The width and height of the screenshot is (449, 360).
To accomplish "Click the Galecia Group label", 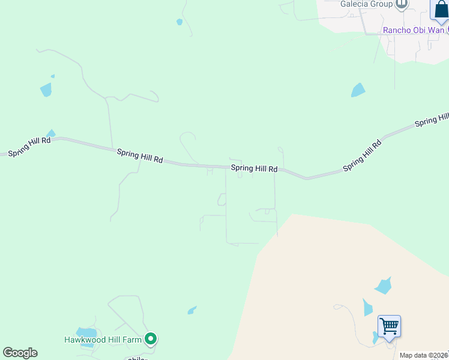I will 366,4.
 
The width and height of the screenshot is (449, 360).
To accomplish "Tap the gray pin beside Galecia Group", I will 402,4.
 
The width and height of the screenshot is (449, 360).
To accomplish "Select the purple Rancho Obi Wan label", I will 414,30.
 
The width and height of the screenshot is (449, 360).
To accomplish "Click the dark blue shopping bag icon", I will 440,11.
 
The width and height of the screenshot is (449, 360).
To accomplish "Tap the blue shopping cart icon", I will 390,327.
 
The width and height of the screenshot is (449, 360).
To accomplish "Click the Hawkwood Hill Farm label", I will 103,340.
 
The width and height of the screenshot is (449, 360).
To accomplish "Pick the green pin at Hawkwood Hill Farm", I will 151,340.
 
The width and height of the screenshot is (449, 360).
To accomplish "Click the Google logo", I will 20,353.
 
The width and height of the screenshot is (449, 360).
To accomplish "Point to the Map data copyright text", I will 424,355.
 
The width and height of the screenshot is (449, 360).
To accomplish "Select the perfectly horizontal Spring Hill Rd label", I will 254,169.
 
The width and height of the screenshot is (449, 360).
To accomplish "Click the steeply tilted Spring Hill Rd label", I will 362,156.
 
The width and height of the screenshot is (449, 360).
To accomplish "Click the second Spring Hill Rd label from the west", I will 139,157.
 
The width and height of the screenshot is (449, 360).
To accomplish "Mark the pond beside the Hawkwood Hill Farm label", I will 87,332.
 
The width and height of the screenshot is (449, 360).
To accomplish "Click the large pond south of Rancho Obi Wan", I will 358,90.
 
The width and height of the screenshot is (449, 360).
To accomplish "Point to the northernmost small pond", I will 179,22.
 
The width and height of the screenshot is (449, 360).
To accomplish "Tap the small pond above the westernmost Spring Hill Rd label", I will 51,133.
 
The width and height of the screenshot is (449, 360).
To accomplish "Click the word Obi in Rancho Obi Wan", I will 421,30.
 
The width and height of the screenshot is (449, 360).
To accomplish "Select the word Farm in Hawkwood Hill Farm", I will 131,340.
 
